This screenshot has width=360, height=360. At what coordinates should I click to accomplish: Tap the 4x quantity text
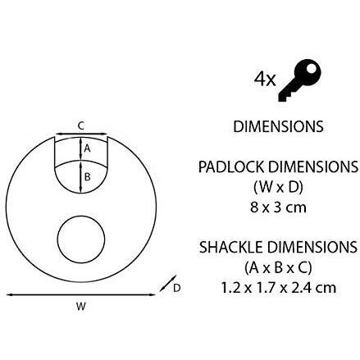pos(265,80)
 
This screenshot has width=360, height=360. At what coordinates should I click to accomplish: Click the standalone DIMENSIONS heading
pos(278,126)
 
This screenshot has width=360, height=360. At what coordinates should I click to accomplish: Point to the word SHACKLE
pos(231,247)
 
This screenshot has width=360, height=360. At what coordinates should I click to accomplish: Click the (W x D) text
pos(278,188)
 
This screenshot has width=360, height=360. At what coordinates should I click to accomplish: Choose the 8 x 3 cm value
pos(278,207)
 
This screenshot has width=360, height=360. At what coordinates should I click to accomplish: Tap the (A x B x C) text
pos(278,267)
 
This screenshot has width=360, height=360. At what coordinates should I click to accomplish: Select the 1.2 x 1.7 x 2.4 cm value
pos(278,288)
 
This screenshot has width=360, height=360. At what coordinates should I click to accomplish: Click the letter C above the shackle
pos(81,126)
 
